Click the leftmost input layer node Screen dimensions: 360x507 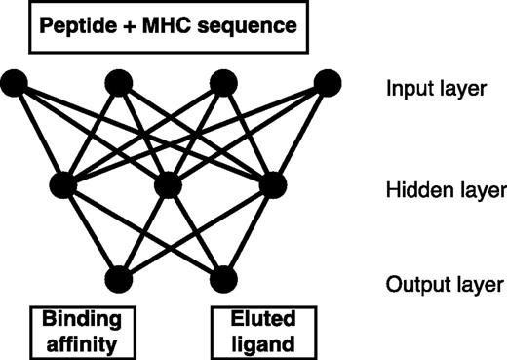coord(16,84)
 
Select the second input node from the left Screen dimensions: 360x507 coord(120,84)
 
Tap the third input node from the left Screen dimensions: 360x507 coord(223,84)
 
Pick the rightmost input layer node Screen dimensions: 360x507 coord(327,84)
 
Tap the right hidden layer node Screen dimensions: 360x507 coord(274,183)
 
